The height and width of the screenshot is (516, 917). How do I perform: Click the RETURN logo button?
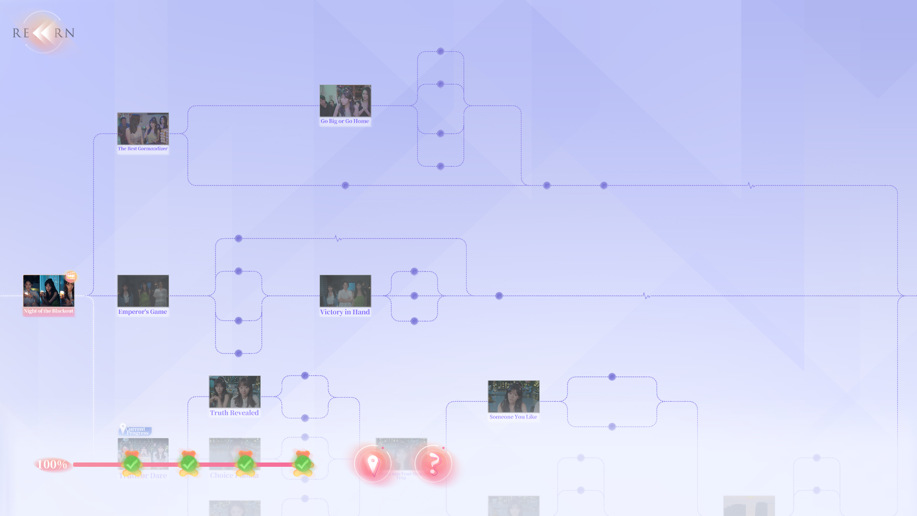click(43, 32)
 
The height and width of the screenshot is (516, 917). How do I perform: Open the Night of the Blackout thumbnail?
click(48, 290)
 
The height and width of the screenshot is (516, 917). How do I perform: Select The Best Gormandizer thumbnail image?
click(143, 129)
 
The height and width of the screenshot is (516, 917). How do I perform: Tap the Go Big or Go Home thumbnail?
click(345, 101)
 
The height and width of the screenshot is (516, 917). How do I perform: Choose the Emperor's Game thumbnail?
click(143, 290)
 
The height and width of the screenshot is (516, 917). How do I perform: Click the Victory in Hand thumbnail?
click(345, 290)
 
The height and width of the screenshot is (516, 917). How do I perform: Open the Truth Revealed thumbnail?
click(235, 391)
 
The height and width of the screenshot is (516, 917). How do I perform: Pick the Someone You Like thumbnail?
click(513, 396)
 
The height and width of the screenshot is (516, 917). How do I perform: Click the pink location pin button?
click(373, 463)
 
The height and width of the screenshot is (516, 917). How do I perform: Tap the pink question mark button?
click(433, 463)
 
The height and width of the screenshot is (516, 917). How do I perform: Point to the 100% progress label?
click(52, 464)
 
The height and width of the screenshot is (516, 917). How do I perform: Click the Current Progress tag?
click(136, 430)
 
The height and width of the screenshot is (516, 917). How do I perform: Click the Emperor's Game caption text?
click(143, 312)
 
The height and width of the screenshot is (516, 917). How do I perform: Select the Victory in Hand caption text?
click(345, 312)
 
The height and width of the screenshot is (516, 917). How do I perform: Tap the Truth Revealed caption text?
click(235, 413)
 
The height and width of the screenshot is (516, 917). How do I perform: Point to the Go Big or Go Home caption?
click(345, 121)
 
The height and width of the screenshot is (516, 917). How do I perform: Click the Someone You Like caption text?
click(513, 417)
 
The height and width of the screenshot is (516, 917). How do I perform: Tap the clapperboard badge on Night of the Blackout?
click(71, 276)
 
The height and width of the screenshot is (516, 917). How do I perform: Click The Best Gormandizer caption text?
click(143, 149)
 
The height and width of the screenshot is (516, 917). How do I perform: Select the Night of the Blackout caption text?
click(48, 311)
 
